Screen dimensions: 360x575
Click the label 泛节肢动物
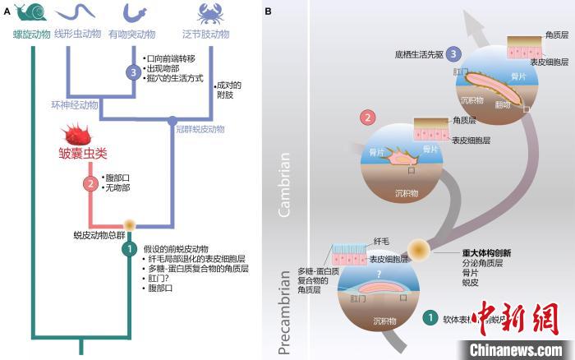point(205,34)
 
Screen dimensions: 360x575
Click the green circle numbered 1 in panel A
point(128,247)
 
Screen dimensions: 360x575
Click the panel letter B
point(269,10)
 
